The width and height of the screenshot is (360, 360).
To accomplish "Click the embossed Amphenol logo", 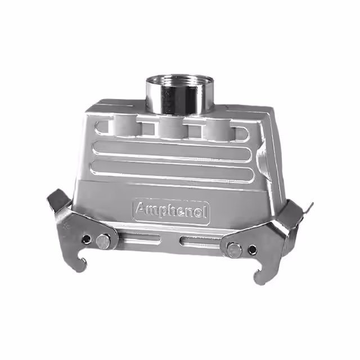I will pyautogui.click(x=171, y=211).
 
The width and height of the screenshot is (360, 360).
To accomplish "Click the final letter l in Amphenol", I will pyautogui.click(x=205, y=211).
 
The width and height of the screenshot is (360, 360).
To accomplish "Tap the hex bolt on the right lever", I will pyautogui.click(x=234, y=249).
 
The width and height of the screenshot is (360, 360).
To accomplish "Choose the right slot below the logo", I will pyautogui.click(x=200, y=243).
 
